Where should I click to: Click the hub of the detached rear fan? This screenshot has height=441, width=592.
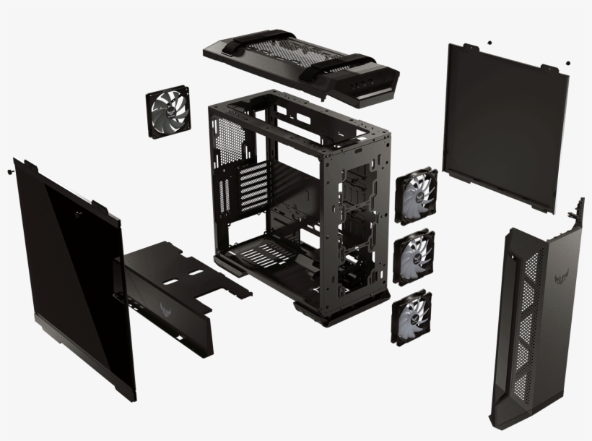coord(170,114)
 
